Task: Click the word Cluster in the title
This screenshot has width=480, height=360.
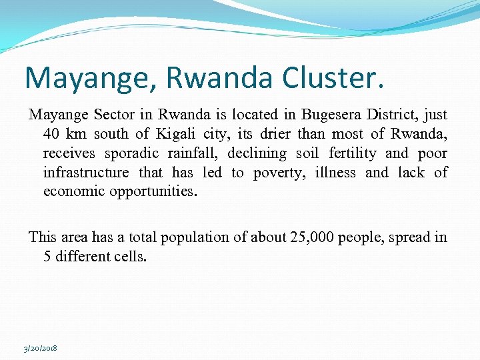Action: click(334, 77)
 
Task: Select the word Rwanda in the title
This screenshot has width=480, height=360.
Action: click(210, 77)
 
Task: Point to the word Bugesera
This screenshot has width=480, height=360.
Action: click(331, 115)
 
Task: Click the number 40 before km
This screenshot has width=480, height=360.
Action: click(52, 134)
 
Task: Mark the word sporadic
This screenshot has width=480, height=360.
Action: click(130, 153)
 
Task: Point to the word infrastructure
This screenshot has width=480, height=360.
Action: click(86, 173)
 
